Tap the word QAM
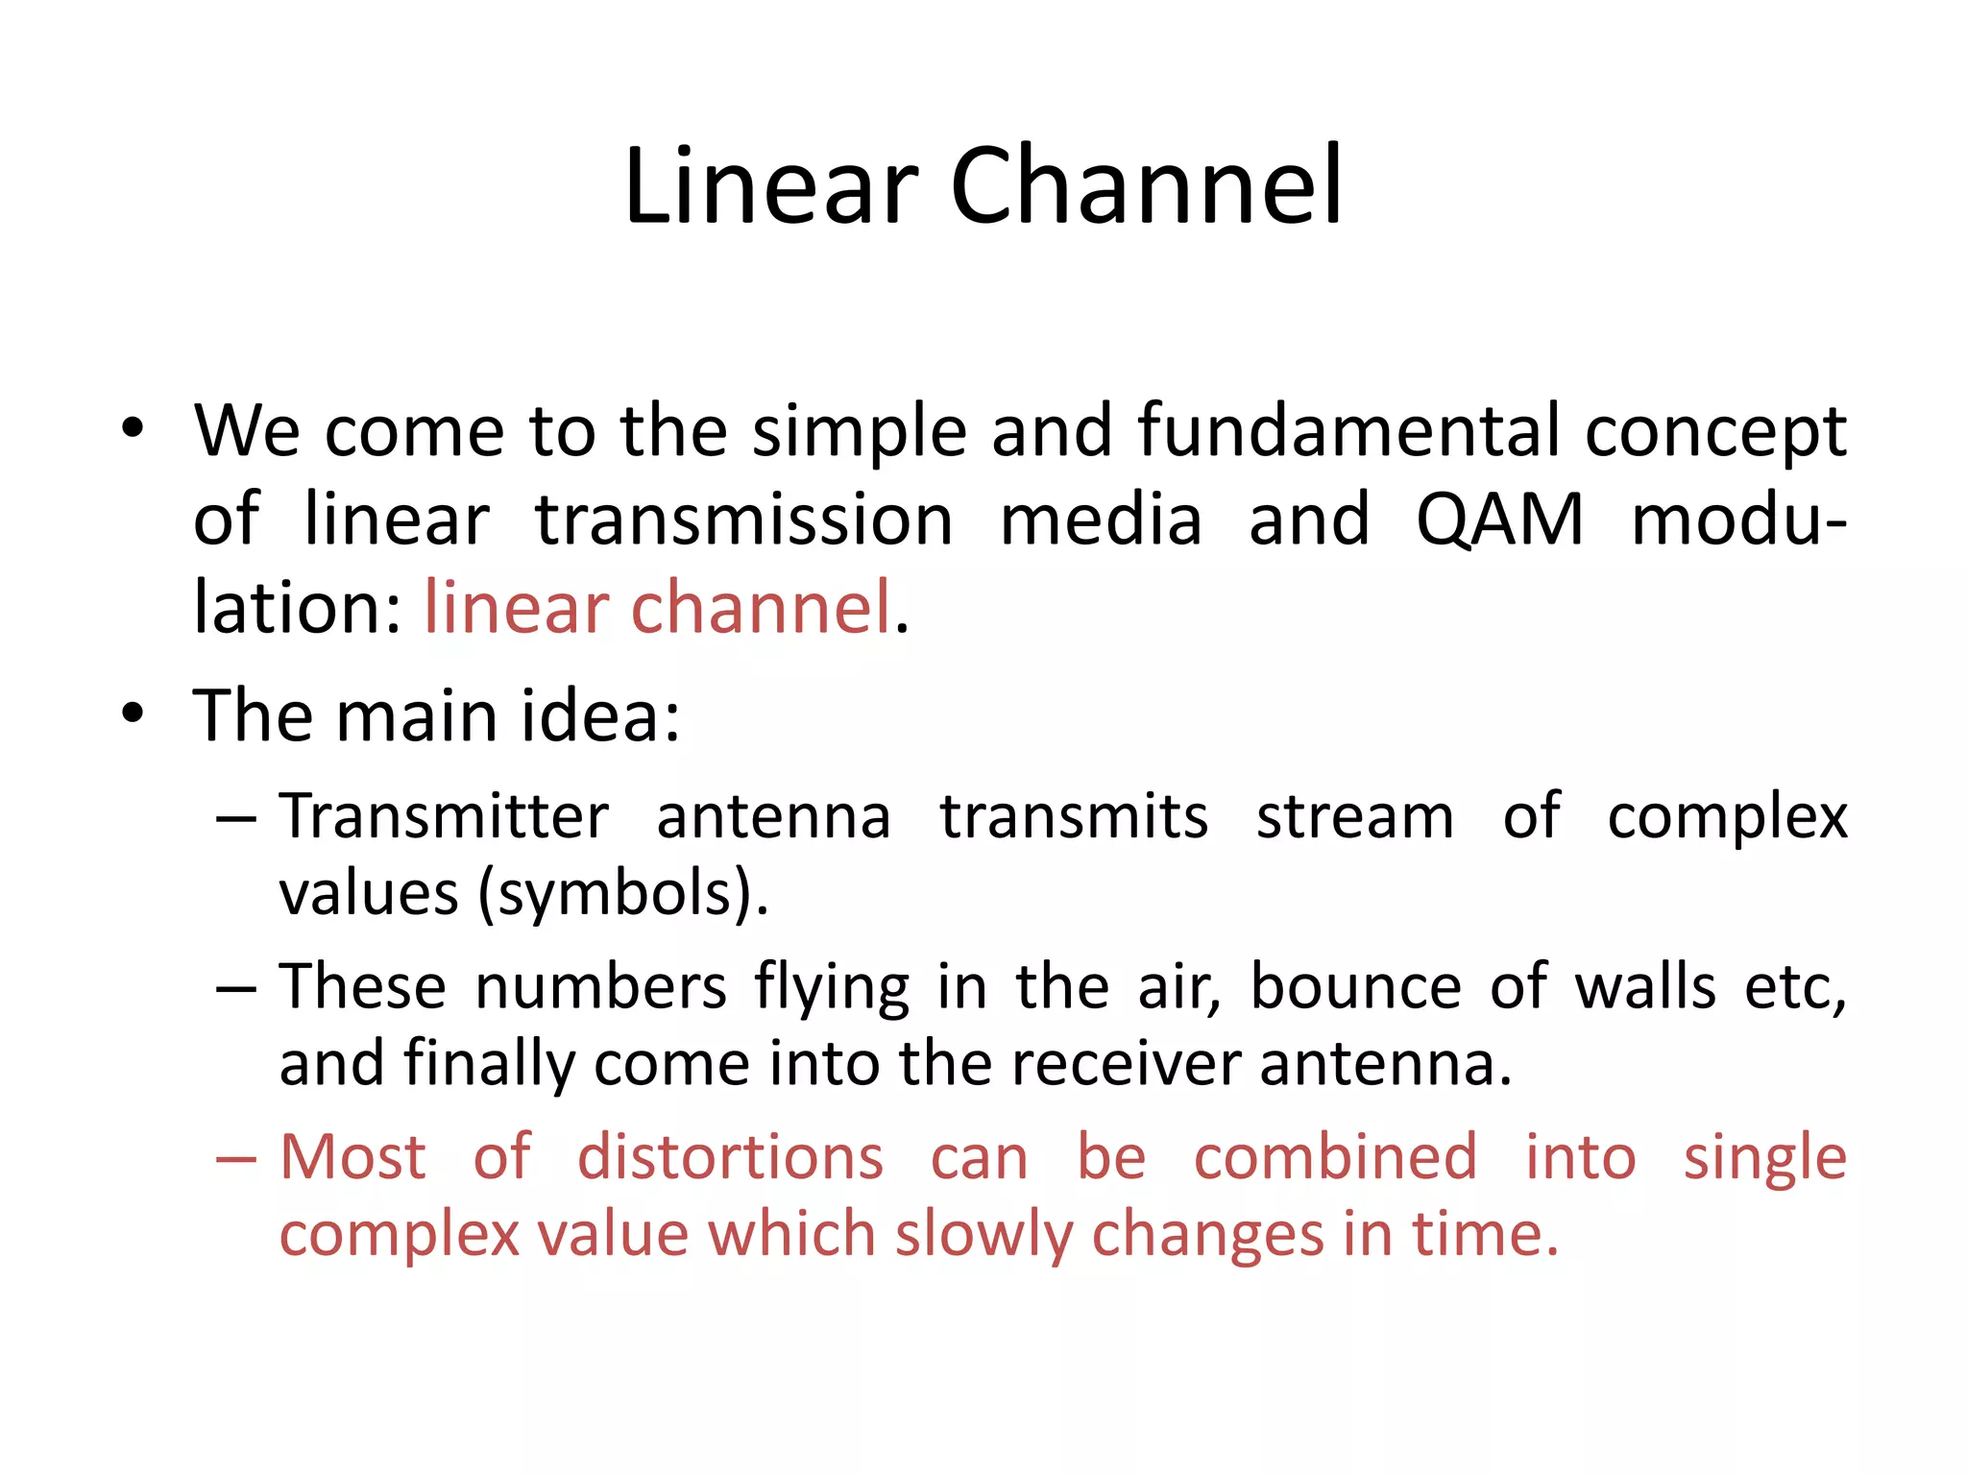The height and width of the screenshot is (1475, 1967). point(1499,520)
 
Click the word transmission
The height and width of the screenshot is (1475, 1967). point(743,520)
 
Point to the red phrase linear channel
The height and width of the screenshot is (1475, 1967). point(658,608)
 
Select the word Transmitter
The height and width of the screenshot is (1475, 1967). point(444,817)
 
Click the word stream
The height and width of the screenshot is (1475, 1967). point(1354,817)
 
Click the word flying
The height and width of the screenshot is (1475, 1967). point(832,987)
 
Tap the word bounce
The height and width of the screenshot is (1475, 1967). point(1355,987)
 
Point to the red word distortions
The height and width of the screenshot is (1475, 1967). point(730,1157)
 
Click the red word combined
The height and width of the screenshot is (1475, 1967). point(1335,1157)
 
